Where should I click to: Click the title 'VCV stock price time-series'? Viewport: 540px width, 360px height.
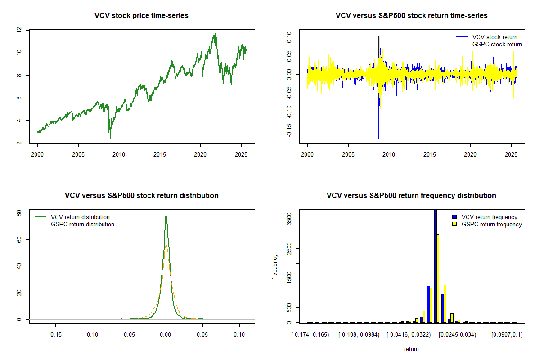coord(141,16)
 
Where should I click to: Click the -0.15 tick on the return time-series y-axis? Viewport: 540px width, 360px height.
coord(288,130)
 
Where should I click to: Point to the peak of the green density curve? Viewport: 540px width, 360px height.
coord(166,216)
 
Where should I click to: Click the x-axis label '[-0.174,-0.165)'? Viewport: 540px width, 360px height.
coord(310,334)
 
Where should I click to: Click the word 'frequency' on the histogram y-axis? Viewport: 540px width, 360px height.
coord(275,267)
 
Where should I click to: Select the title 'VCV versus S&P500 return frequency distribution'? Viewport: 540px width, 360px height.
coord(411,196)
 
